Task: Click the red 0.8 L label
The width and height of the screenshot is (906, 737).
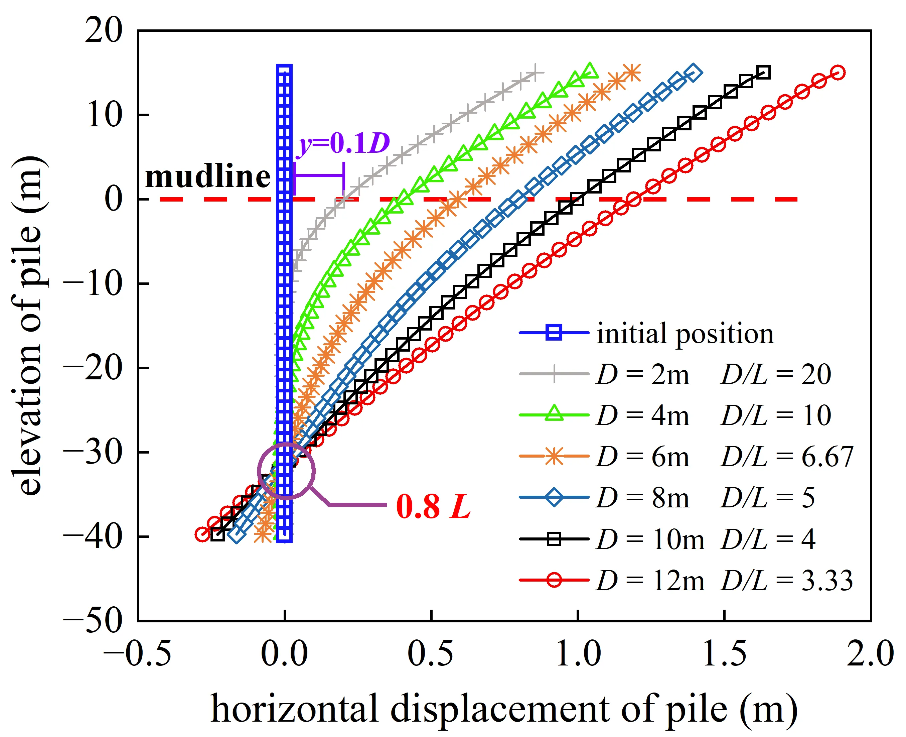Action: click(x=433, y=506)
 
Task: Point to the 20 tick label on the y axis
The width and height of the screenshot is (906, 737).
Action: click(x=104, y=30)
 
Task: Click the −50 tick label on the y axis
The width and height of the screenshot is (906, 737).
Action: click(x=93, y=621)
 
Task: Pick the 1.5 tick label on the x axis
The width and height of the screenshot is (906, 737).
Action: click(x=724, y=654)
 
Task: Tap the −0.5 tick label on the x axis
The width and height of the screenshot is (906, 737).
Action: click(x=138, y=654)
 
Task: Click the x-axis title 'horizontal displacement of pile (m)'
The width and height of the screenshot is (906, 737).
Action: click(x=504, y=709)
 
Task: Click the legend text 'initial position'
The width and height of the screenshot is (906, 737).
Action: click(x=685, y=333)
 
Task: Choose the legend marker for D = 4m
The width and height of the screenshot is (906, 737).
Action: click(x=554, y=414)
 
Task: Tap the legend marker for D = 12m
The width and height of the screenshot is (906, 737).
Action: click(x=554, y=580)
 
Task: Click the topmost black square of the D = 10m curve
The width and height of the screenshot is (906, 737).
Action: click(x=763, y=73)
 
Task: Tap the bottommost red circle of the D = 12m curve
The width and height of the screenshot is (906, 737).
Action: click(x=202, y=534)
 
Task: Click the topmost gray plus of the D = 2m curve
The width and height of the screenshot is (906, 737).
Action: click(x=536, y=73)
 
